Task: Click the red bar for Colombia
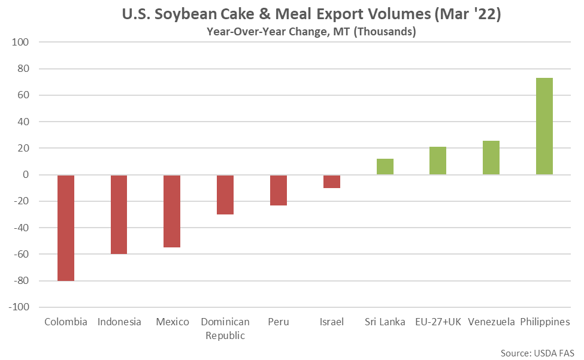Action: pos(66,228)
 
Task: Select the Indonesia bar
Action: pos(119,214)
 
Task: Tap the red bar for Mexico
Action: pos(172,211)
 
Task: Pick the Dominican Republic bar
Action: pos(225,195)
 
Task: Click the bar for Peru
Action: pos(279,190)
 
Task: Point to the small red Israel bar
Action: pos(332,181)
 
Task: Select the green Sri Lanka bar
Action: pos(385,167)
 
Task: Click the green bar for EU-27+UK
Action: pos(438,161)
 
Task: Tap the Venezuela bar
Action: pos(491,158)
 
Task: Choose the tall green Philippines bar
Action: pos(544,126)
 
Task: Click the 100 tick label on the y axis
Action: pos(20,42)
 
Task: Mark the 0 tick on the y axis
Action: pos(26,174)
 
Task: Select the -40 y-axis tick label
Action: pos(21,228)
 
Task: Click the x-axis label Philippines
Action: pos(545,322)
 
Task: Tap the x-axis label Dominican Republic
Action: pos(225,329)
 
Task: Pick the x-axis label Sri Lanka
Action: pos(385,322)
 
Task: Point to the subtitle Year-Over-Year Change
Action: pos(267,31)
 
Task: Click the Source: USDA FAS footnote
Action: pos(537,353)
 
